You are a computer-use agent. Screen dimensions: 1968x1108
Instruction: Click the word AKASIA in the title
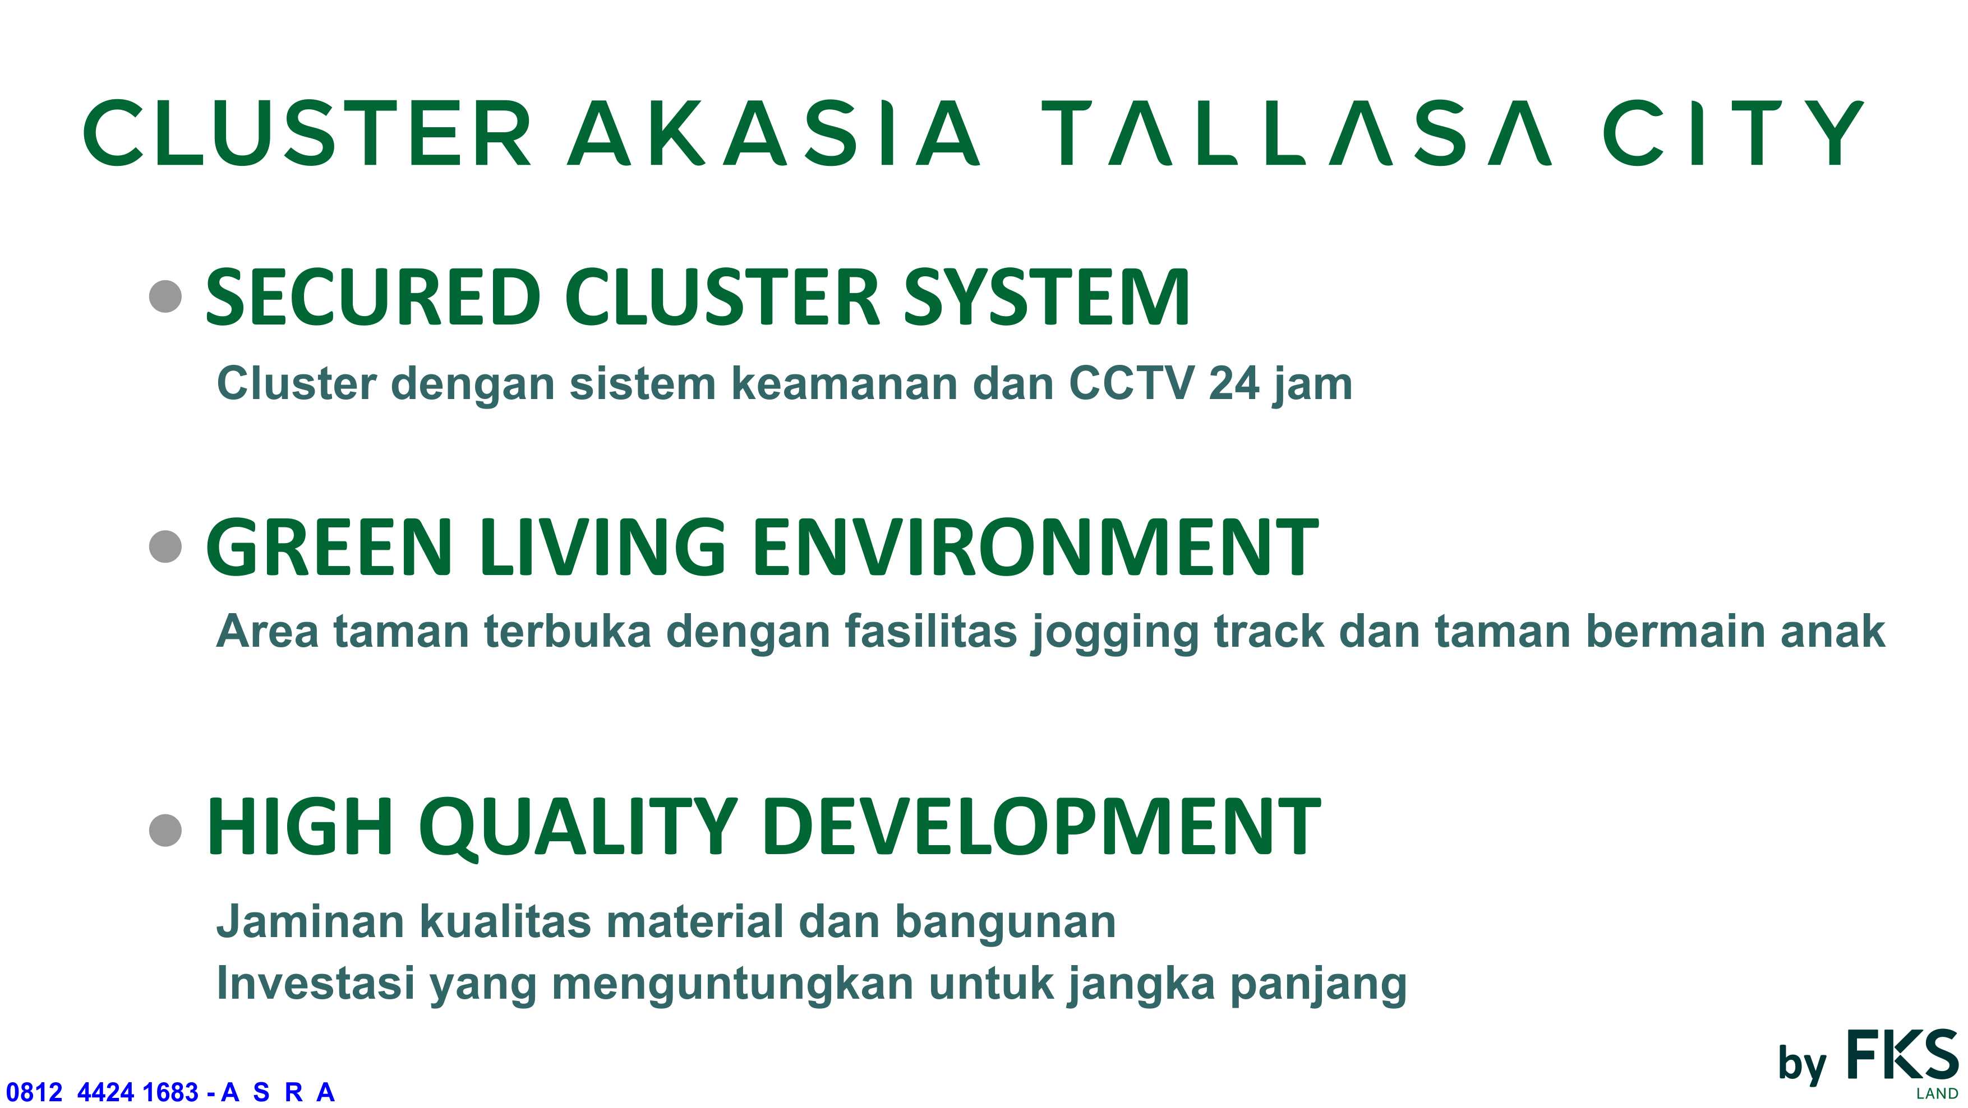(773, 133)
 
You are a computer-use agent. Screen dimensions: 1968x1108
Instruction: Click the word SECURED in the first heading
(374, 297)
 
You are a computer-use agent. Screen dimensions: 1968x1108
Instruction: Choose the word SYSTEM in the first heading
(1047, 297)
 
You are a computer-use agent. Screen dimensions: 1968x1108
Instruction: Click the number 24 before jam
(1234, 383)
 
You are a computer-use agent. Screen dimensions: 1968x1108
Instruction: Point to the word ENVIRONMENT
(1036, 547)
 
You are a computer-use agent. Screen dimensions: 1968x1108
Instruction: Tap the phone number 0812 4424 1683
(103, 1092)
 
